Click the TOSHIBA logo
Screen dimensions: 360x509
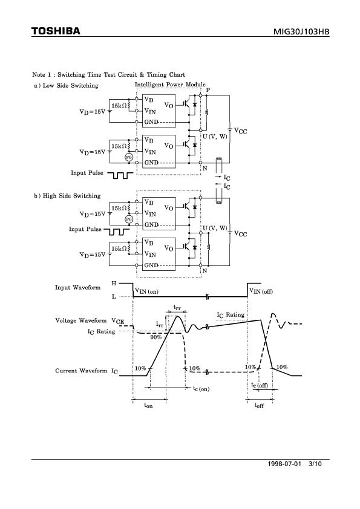56,31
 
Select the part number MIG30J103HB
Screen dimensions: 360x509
301,31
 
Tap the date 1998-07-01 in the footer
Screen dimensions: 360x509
284,464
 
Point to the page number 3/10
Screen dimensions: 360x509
315,464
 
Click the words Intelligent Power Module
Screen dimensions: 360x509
170,85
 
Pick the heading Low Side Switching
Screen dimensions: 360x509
71,86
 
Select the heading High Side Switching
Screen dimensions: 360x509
72,196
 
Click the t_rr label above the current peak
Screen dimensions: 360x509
177,306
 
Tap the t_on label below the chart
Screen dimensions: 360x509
148,406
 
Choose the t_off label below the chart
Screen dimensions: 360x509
259,406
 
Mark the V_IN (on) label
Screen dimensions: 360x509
146,291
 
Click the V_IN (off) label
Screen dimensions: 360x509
261,291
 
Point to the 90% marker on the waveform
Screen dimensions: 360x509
156,337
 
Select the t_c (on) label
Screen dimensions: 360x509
201,388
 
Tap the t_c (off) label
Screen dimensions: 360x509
260,385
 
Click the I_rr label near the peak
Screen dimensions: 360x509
160,324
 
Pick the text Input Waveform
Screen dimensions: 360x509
77,288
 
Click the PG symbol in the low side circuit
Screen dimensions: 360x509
129,157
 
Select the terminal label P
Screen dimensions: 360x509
208,90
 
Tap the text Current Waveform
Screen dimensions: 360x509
81,371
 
